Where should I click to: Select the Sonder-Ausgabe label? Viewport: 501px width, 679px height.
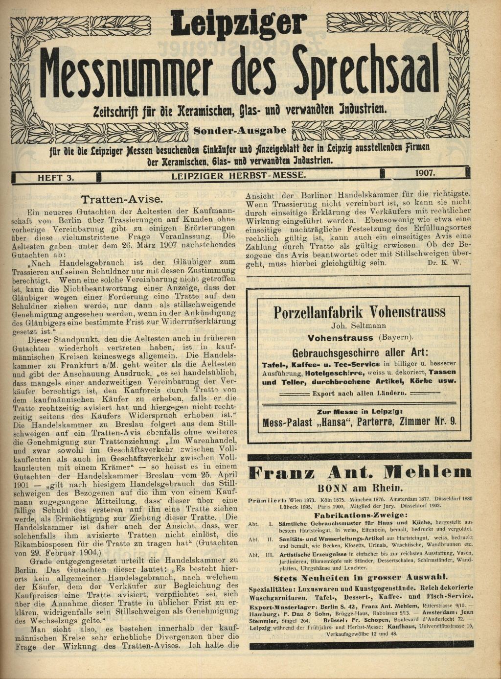pyautogui.click(x=240, y=131)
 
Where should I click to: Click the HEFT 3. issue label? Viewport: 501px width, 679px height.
pyautogui.click(x=56, y=178)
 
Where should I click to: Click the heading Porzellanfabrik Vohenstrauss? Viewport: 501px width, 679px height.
pyautogui.click(x=360, y=312)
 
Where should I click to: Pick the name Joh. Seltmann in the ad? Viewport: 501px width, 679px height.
pyautogui.click(x=359, y=326)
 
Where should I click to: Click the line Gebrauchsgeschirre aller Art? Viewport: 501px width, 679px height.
pyautogui.click(x=360, y=352)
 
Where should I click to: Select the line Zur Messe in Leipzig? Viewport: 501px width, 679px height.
pyautogui.click(x=360, y=412)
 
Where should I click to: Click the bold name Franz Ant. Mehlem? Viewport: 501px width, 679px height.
pyautogui.click(x=360, y=472)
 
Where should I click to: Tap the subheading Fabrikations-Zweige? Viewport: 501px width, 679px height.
pyautogui.click(x=360, y=515)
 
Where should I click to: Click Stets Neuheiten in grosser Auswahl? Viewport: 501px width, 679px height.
pyautogui.click(x=360, y=578)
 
